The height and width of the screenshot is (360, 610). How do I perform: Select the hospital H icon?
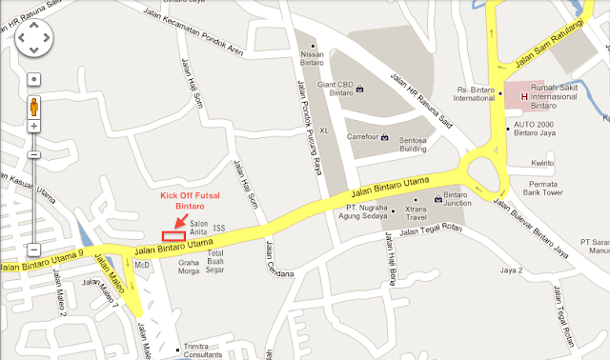pos(523,94)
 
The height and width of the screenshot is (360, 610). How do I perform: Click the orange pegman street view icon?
pos(33,105)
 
